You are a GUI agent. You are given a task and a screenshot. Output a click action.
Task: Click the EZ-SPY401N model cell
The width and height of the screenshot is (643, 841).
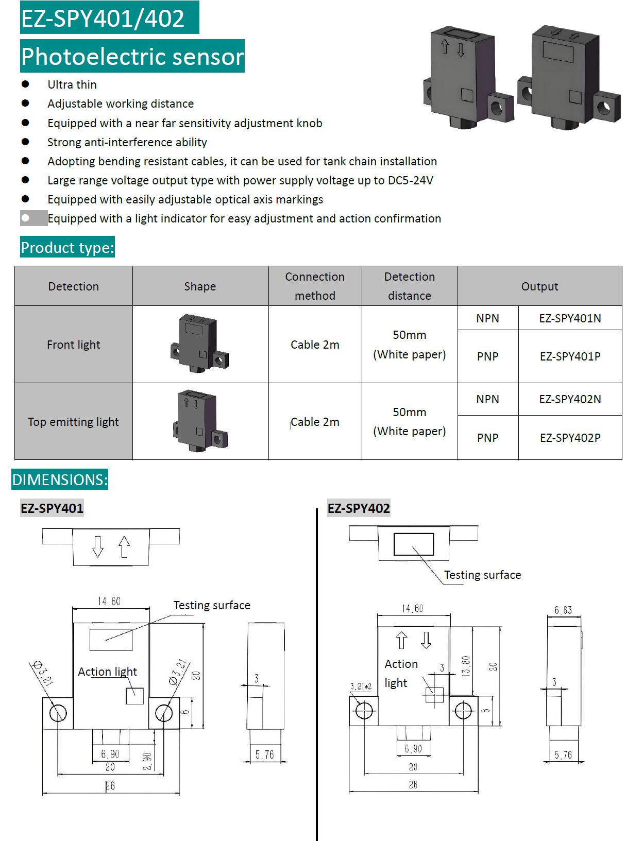[x=570, y=318]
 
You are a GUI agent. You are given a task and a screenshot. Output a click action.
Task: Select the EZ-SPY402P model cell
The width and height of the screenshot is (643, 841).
[x=570, y=438]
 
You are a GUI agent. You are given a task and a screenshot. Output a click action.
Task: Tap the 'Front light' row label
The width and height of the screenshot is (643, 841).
[x=74, y=345]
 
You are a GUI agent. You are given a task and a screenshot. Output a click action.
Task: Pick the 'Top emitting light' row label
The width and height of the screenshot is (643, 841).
[x=73, y=422]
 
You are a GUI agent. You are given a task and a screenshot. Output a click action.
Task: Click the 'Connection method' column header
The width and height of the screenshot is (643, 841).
[x=315, y=286]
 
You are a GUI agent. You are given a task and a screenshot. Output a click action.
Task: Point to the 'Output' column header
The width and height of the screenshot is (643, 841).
[x=539, y=286]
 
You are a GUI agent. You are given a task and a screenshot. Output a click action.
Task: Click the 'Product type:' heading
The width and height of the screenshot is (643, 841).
[x=67, y=248]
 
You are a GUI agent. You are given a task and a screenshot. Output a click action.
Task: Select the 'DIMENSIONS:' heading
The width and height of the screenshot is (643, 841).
[x=60, y=480]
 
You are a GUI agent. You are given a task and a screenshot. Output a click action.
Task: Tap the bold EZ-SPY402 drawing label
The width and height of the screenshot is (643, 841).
[x=359, y=508]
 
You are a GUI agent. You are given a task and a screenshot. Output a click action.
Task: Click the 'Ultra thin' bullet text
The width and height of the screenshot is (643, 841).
[x=72, y=84]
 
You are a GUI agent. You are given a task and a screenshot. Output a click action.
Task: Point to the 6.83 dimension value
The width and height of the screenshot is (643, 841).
[x=563, y=610]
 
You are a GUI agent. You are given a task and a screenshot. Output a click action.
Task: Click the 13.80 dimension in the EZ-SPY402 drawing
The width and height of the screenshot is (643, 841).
[x=466, y=666]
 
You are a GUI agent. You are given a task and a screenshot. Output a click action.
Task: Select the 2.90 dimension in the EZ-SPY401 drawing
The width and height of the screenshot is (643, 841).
[x=147, y=761]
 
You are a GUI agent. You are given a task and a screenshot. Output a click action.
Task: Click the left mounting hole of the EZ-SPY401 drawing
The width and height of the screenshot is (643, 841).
[x=58, y=713]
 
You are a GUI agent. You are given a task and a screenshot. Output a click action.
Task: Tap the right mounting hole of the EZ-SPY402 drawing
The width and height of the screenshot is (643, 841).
[x=463, y=711]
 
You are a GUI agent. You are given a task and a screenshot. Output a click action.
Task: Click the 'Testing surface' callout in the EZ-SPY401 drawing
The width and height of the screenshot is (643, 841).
[x=212, y=605]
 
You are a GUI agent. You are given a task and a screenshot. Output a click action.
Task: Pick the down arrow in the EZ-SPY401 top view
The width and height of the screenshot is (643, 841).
[x=98, y=546]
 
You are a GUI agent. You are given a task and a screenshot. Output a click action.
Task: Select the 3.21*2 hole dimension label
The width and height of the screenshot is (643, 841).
[x=361, y=686]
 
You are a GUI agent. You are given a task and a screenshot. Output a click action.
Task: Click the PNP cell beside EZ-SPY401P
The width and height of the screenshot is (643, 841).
[x=487, y=356]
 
